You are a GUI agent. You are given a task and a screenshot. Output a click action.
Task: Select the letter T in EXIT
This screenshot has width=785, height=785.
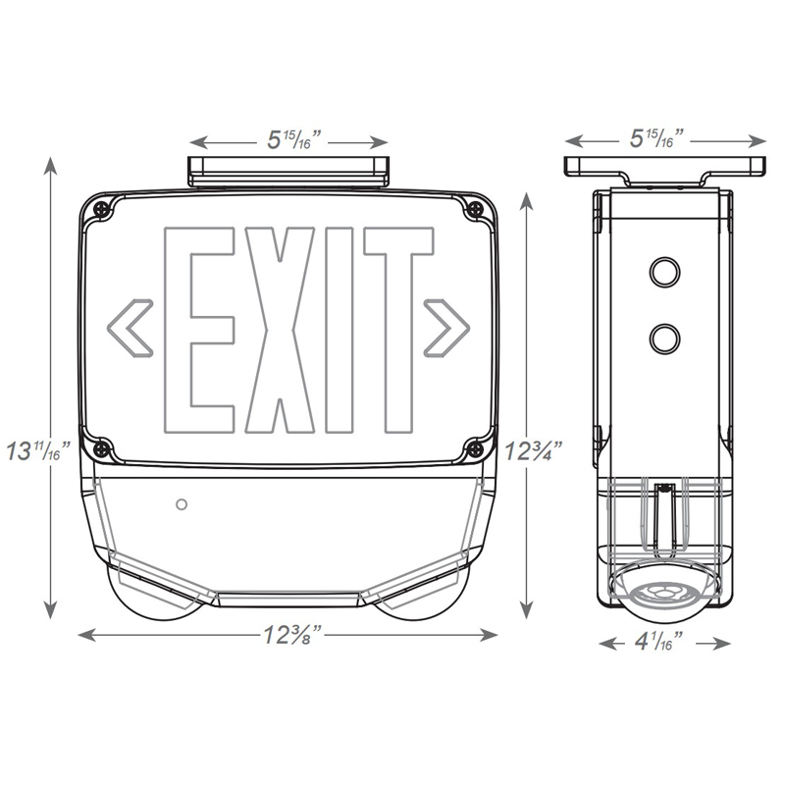pyautogui.click(x=397, y=331)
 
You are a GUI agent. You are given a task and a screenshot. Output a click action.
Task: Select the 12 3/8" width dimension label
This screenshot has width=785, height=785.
pyautogui.click(x=285, y=634)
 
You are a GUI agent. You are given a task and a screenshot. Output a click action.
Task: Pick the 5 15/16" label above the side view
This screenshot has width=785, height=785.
pyautogui.click(x=664, y=139)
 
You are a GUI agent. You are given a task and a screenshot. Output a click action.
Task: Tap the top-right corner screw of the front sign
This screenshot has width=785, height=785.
pyautogui.click(x=475, y=208)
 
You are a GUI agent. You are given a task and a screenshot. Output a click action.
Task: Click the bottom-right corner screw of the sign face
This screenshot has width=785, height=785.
pyautogui.click(x=475, y=448)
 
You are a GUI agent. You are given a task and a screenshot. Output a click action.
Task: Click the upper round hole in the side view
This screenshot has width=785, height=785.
pyautogui.click(x=664, y=270)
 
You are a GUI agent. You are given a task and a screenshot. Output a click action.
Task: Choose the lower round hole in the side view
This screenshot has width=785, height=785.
pyautogui.click(x=664, y=338)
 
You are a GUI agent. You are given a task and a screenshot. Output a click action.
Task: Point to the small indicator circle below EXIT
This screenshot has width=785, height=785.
pyautogui.click(x=180, y=504)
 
